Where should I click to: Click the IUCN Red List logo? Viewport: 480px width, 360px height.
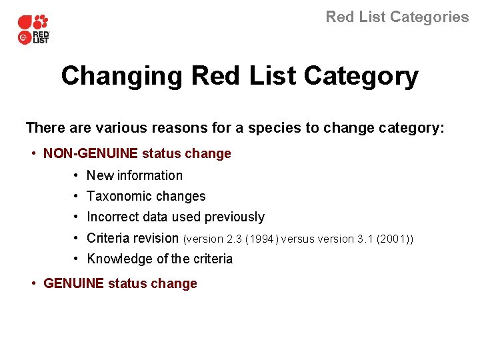coord(33,29)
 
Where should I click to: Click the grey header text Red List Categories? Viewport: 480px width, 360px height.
coord(397,17)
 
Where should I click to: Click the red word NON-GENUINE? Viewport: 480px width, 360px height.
coord(91,154)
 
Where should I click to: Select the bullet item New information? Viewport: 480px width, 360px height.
coord(135,176)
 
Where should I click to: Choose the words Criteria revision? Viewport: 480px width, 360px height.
coord(133,238)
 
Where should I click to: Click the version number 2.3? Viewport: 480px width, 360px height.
coord(234,239)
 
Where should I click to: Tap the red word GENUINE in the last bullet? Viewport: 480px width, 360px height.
coord(73,283)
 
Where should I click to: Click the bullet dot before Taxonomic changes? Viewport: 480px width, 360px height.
coord(77,197)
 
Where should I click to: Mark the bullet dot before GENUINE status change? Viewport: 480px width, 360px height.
coord(34,283)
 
